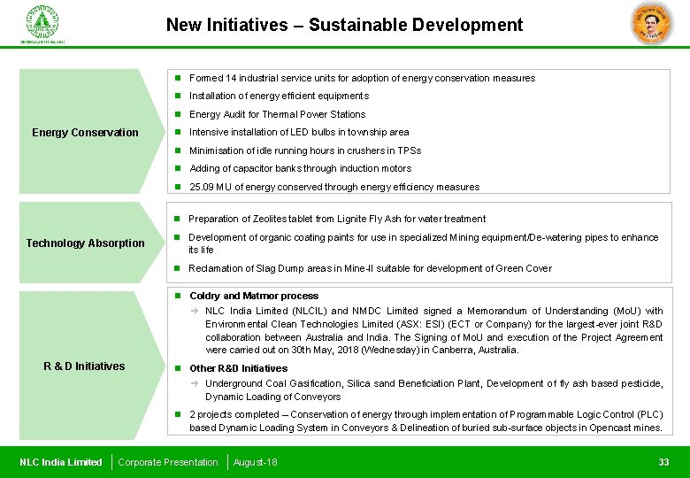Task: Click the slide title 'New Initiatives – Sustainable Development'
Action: point(344,26)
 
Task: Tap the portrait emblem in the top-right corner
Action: point(651,23)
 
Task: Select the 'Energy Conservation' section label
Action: point(85,133)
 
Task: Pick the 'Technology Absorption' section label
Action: point(85,243)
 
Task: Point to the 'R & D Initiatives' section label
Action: point(84,366)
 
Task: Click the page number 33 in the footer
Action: point(663,462)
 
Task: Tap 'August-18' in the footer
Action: point(255,462)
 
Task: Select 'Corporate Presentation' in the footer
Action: point(168,462)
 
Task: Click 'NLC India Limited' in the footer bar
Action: point(61,462)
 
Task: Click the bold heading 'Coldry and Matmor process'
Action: point(254,296)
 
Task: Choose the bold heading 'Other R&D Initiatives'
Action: point(238,368)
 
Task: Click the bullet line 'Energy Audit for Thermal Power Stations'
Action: point(277,114)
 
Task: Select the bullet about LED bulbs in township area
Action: point(299,132)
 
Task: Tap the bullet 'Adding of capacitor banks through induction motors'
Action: point(300,168)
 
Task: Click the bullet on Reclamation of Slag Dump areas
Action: point(370,268)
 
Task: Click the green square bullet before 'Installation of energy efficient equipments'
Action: point(178,96)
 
